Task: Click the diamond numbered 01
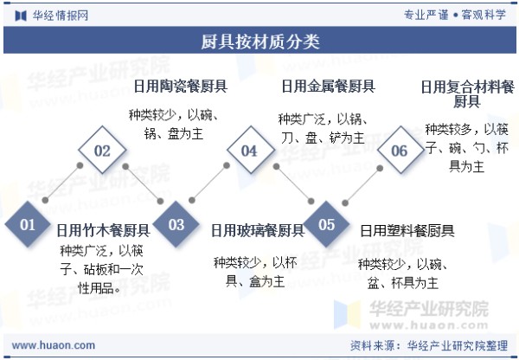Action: pyautogui.click(x=28, y=224)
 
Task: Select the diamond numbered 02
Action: pyautogui.click(x=102, y=150)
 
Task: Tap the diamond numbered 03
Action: pyautogui.click(x=176, y=224)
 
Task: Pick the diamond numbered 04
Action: pyautogui.click(x=251, y=150)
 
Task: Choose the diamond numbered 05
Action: pyautogui.click(x=326, y=224)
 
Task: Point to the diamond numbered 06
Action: pyautogui.click(x=400, y=150)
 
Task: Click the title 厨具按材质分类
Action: pyautogui.click(x=260, y=42)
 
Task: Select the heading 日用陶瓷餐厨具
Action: pyautogui.click(x=181, y=87)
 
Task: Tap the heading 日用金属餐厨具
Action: pyautogui.click(x=328, y=87)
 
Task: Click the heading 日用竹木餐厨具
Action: pyautogui.click(x=103, y=230)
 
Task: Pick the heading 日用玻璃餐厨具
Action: pyautogui.click(x=258, y=230)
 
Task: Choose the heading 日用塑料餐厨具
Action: pyautogui.click(x=407, y=230)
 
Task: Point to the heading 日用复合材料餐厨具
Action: pyautogui.click(x=467, y=93)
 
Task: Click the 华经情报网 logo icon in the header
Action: pyautogui.click(x=21, y=16)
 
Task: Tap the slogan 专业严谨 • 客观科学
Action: pyautogui.click(x=455, y=15)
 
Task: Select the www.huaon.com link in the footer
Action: pyautogui.click(x=54, y=345)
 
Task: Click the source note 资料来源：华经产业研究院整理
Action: pyautogui.click(x=429, y=346)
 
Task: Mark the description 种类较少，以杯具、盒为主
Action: pyautogui.click(x=255, y=273)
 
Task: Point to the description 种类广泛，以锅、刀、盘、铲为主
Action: pyautogui.click(x=323, y=128)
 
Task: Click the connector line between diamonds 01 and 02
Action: pyautogui.click(x=62, y=183)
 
